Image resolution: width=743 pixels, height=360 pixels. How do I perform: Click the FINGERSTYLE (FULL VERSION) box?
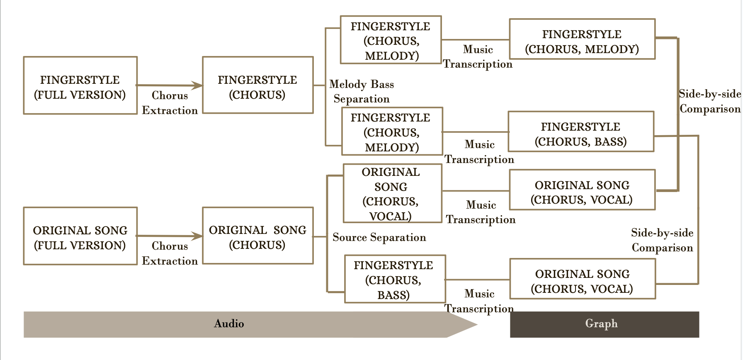(x=80, y=85)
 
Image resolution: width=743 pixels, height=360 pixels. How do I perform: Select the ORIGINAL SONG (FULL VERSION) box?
(x=80, y=236)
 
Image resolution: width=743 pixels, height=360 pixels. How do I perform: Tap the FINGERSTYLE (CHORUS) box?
(x=257, y=85)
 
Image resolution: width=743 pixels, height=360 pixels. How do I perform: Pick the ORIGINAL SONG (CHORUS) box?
(x=257, y=236)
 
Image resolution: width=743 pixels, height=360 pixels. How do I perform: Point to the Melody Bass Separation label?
(x=362, y=92)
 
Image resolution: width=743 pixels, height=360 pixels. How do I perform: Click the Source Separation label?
(x=379, y=237)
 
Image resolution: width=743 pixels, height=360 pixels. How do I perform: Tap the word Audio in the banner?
(x=229, y=324)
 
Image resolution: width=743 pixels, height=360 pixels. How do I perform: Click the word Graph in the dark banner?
(x=601, y=324)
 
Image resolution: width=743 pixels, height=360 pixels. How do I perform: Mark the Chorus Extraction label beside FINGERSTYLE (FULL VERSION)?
(x=170, y=103)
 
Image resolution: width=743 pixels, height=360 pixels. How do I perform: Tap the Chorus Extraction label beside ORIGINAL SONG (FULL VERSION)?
(x=170, y=253)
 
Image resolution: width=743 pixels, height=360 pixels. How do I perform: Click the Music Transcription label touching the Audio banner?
(x=479, y=301)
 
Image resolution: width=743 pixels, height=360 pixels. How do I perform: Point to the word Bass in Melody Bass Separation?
(x=382, y=84)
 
